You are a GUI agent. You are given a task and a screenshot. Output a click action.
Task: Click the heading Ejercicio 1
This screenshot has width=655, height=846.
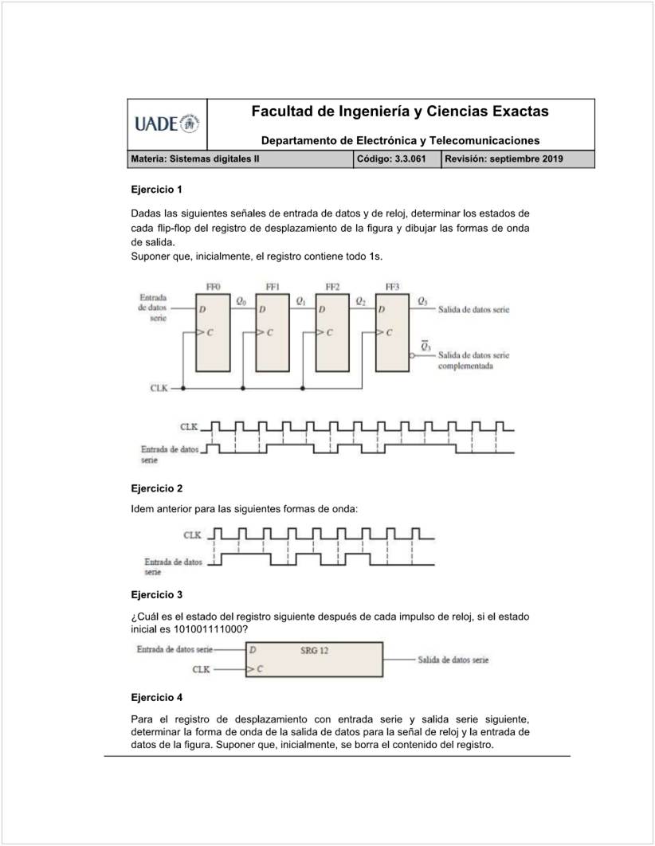(x=157, y=190)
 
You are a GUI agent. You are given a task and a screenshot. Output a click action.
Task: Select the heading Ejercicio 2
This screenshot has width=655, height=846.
(x=157, y=488)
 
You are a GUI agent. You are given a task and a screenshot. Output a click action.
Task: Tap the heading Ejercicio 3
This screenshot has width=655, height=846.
(x=157, y=594)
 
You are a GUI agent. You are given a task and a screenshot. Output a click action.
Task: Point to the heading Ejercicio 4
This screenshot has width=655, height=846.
(x=157, y=697)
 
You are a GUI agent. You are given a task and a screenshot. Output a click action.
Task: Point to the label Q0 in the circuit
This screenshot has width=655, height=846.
(x=241, y=301)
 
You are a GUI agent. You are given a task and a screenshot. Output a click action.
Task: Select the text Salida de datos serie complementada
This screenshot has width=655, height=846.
(x=473, y=361)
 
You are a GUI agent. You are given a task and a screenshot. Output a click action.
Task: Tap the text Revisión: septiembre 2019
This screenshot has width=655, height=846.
(x=504, y=159)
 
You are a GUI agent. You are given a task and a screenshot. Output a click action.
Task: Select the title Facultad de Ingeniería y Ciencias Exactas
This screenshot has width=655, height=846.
(x=399, y=112)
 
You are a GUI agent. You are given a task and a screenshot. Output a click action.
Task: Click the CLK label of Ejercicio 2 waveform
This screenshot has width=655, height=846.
(x=192, y=535)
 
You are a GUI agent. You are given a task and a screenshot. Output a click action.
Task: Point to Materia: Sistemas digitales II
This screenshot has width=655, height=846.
(x=195, y=159)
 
